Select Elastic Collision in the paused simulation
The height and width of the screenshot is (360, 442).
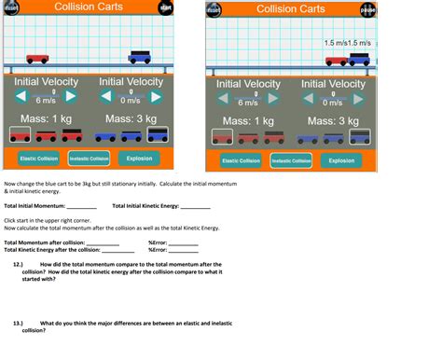tap(241, 159)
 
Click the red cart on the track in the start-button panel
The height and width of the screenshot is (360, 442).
tap(37, 58)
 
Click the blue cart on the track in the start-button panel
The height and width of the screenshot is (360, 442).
tap(140, 57)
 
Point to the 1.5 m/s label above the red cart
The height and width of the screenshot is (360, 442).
tap(335, 43)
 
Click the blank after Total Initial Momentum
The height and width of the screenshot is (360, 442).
tap(82, 205)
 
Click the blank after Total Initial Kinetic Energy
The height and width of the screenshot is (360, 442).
tap(196, 205)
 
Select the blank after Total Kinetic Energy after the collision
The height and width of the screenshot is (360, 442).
tap(118, 250)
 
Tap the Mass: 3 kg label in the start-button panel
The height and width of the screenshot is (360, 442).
tap(131, 118)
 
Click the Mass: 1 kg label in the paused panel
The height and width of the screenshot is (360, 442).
tap(247, 120)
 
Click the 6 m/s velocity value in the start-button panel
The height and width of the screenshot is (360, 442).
tap(46, 100)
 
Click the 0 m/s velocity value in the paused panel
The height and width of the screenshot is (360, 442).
tap(333, 102)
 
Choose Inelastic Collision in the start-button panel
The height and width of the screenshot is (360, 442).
tap(89, 159)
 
